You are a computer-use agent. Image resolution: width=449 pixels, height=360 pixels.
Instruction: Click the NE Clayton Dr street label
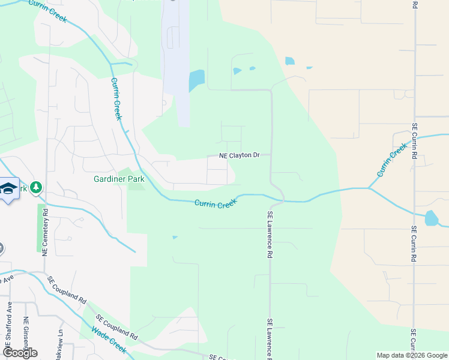239,155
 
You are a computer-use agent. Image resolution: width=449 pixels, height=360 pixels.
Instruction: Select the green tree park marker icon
37,188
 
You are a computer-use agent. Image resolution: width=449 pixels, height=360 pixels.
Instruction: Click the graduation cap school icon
8,190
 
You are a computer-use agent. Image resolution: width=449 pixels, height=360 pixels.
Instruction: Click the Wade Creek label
109,340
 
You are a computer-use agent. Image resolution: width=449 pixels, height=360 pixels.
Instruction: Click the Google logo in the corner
19,352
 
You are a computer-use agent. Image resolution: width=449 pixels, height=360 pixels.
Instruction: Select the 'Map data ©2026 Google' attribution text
412,355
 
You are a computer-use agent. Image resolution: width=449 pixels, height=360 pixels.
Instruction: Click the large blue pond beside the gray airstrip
196,80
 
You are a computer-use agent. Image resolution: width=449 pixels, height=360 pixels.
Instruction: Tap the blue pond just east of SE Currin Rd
432,218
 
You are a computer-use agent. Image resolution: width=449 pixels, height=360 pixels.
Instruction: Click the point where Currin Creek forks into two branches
369,188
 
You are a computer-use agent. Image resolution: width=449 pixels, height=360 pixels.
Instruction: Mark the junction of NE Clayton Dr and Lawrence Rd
271,155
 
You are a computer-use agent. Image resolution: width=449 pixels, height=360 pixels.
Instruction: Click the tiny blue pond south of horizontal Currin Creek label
175,238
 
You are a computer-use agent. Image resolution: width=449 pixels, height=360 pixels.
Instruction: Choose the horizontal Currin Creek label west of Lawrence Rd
216,205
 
